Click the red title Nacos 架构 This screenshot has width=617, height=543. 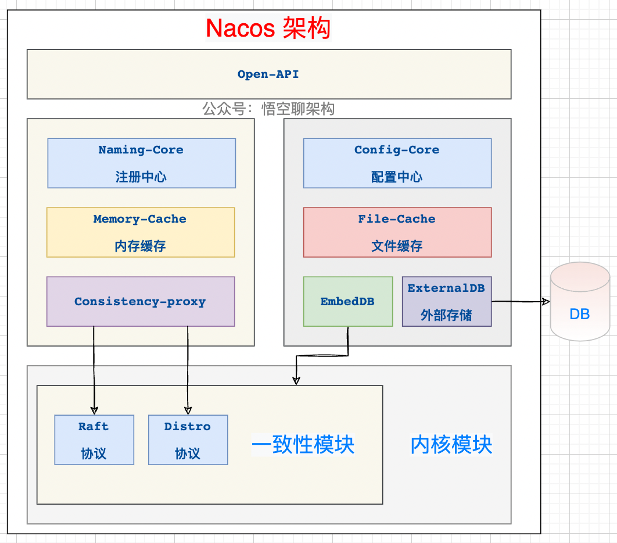pyautogui.click(x=268, y=28)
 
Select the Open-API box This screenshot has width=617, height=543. pyautogui.click(x=268, y=74)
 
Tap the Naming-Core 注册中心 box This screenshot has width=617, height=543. pyautogui.click(x=141, y=163)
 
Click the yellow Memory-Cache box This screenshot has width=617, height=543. pyautogui.click(x=141, y=232)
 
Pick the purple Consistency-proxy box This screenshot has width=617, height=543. pyautogui.click(x=141, y=301)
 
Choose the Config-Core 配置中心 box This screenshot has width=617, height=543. pyautogui.click(x=397, y=163)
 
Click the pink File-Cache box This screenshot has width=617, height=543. pyautogui.click(x=397, y=232)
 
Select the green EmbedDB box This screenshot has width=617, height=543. pyautogui.click(x=348, y=301)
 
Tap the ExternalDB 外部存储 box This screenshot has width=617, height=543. pyautogui.click(x=446, y=301)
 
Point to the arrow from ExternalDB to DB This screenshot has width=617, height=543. pyautogui.click(x=520, y=302)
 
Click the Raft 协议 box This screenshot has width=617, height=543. pyautogui.click(x=94, y=440)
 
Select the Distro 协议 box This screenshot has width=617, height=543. pyautogui.click(x=188, y=440)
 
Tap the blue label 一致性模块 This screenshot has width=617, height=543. pyautogui.click(x=303, y=445)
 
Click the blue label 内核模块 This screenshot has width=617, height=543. pyautogui.click(x=451, y=445)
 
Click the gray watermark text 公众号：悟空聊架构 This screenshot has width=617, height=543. pyautogui.click(x=268, y=109)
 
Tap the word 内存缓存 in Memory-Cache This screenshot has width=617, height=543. pyautogui.click(x=141, y=246)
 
